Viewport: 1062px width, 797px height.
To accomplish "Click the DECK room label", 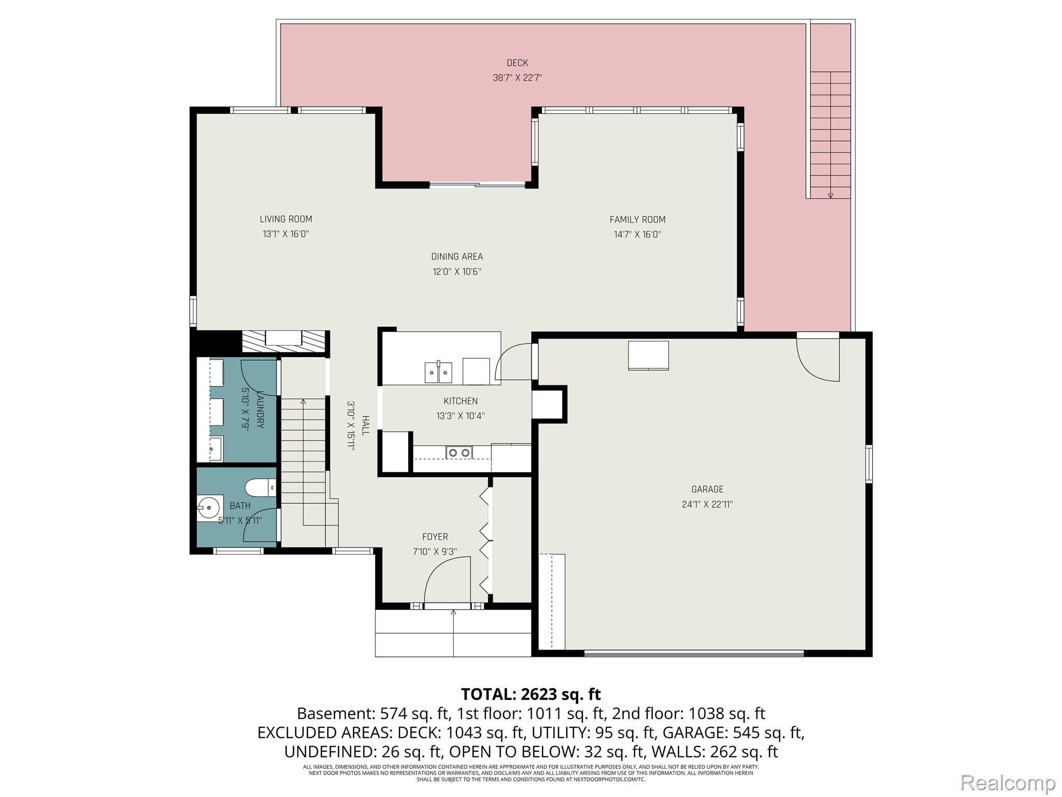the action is click(x=517, y=63).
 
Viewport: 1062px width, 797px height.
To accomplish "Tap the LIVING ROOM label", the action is click(x=286, y=219).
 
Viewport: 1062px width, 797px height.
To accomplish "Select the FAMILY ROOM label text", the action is click(x=637, y=219).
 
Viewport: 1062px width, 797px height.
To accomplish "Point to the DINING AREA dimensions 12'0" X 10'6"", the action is click(x=457, y=271).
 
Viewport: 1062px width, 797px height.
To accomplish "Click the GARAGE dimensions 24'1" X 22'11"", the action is click(x=707, y=504).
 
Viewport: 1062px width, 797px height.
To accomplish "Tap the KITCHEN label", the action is click(x=460, y=401).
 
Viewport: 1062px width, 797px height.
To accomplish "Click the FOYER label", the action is click(x=435, y=537).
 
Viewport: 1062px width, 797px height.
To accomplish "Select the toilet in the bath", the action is click(x=260, y=487).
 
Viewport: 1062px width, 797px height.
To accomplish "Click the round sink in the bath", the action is click(x=209, y=507).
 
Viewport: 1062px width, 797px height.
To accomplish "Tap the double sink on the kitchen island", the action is click(x=438, y=372).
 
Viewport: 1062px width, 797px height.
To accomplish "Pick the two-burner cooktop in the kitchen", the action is click(x=459, y=452).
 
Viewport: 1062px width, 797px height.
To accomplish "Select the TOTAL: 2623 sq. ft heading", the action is click(x=530, y=694).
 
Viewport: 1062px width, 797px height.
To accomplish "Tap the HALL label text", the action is click(x=366, y=425).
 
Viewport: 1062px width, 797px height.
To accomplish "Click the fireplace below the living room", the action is click(x=285, y=342).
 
